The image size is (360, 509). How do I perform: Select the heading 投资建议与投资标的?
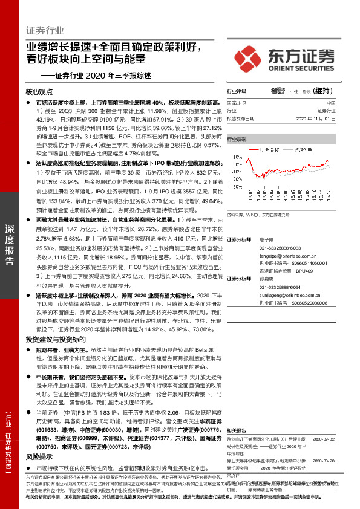(53, 340)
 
